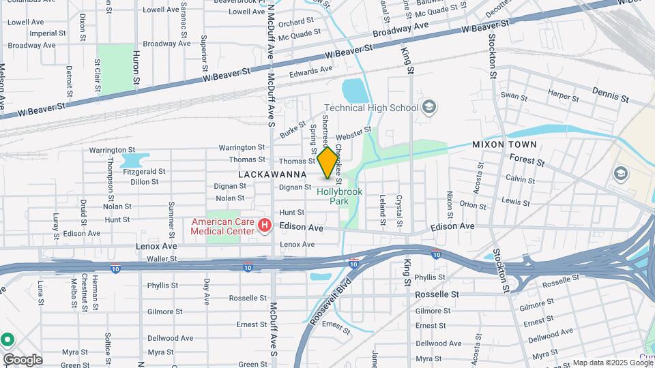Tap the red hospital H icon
click(x=265, y=226)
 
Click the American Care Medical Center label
click(x=223, y=226)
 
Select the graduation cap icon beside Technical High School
click(x=428, y=107)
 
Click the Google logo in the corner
click(x=22, y=359)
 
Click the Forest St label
click(x=527, y=161)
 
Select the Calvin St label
click(x=519, y=178)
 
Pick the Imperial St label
click(x=28, y=33)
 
